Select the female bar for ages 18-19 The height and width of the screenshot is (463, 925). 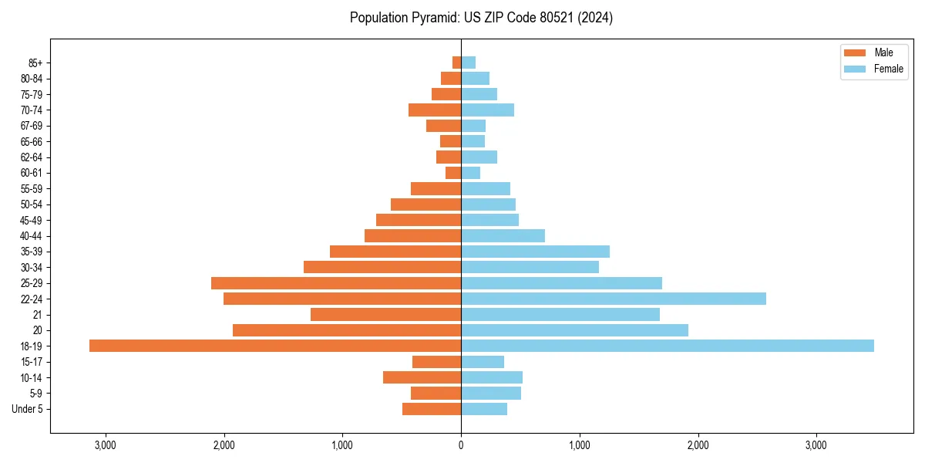[668, 346]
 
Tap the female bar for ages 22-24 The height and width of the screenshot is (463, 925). [614, 299]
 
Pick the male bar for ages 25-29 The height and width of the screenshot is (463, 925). [336, 283]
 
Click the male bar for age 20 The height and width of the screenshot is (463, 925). [347, 330]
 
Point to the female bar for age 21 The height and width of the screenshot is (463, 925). [560, 314]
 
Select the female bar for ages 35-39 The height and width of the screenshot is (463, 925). [535, 252]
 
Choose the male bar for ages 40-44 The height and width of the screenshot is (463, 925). [412, 235]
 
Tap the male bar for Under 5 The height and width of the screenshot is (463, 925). [432, 409]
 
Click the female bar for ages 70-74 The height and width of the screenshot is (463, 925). [487, 110]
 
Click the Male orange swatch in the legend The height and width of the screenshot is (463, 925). [855, 52]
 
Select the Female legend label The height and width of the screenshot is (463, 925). [888, 69]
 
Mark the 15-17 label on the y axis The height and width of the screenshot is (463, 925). [32, 362]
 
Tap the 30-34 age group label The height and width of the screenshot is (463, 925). [32, 267]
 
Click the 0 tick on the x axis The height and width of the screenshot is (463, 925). [461, 445]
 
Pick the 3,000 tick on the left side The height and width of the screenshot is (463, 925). [105, 445]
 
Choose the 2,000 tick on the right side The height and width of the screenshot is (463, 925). [698, 445]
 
